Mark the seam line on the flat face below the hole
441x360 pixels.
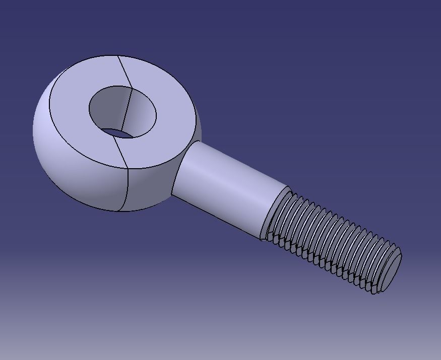click(x=122, y=153)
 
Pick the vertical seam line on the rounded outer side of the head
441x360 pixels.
click(x=125, y=189)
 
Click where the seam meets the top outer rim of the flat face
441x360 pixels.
click(x=119, y=56)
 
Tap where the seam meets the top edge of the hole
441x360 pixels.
click(x=131, y=88)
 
